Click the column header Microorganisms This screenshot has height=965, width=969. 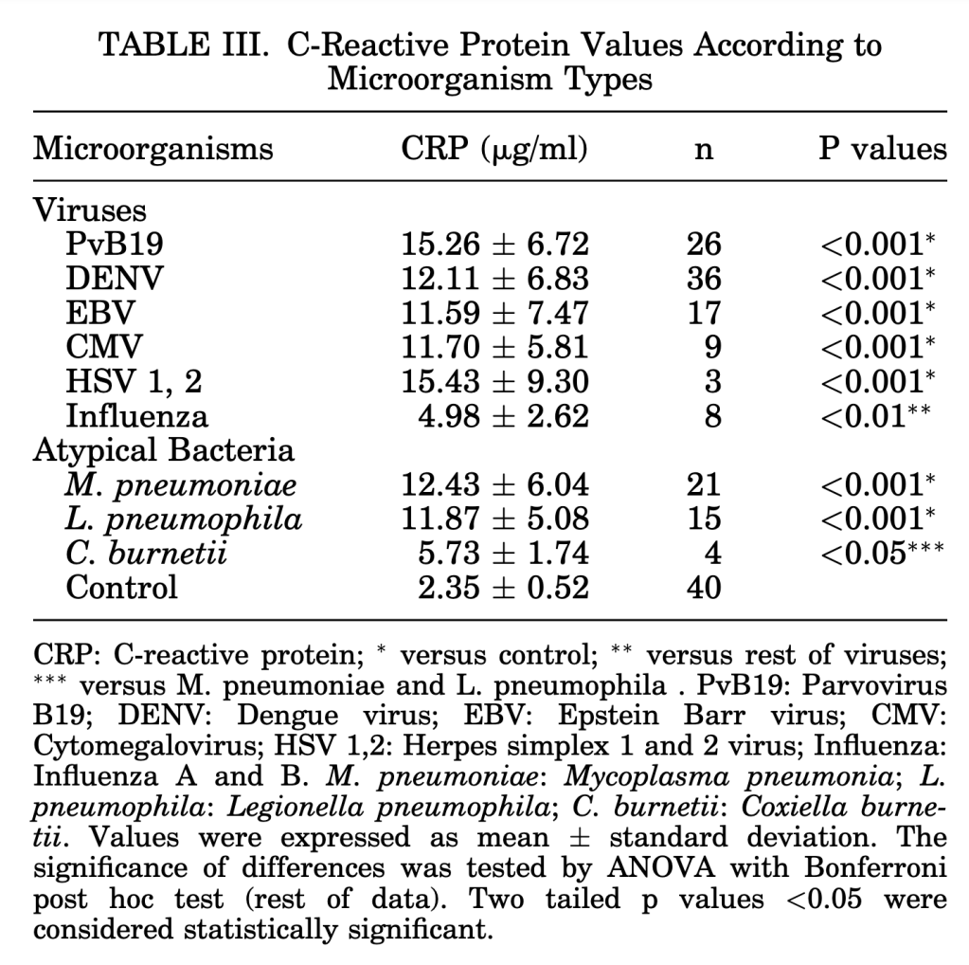point(153,149)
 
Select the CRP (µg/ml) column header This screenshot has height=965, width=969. point(494,149)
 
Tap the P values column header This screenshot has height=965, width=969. point(882,149)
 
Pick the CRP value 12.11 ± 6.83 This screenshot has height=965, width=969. point(494,279)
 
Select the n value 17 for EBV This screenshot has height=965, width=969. point(704,313)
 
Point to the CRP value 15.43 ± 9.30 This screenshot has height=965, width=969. point(494,381)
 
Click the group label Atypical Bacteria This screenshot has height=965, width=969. point(164,449)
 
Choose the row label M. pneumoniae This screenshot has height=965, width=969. point(181,484)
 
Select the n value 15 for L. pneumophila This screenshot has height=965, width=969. point(704,519)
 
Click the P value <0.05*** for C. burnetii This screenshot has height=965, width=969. point(882,553)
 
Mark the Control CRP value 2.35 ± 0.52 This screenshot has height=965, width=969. point(504,587)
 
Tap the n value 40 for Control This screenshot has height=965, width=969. point(704,587)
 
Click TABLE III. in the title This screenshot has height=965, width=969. point(180,45)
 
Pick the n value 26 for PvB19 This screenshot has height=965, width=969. point(704,245)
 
